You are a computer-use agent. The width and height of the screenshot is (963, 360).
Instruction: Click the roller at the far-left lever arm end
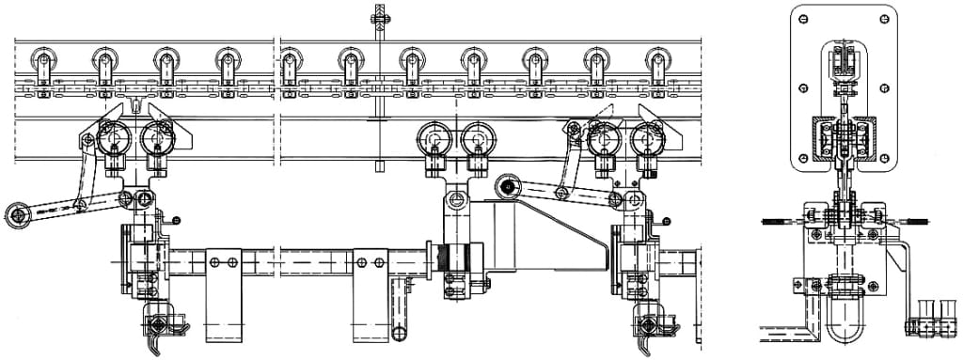click(19, 215)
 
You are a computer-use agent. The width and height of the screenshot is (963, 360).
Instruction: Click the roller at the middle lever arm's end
click(508, 186)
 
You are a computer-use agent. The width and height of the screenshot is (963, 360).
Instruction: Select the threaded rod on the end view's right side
click(914, 222)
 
